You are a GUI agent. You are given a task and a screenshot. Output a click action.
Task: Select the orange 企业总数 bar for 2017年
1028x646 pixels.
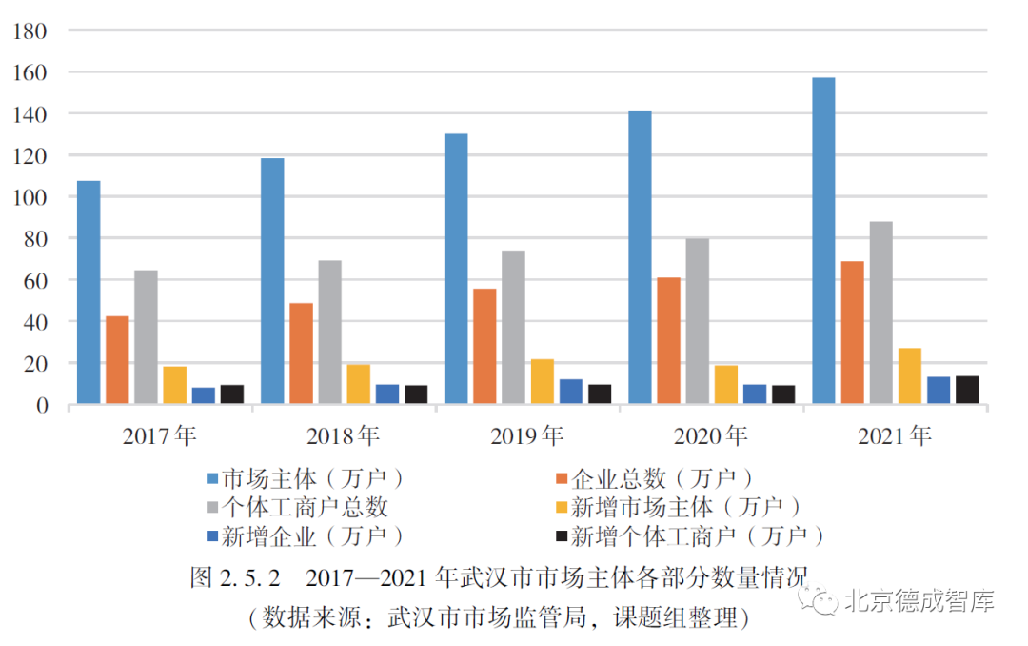(x=117, y=360)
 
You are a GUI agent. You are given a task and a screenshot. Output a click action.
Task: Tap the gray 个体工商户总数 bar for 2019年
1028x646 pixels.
(x=513, y=328)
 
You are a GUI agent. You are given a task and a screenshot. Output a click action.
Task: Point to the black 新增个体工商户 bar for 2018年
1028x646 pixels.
(x=415, y=394)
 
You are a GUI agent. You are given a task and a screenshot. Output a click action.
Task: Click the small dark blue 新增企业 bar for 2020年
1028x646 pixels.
(x=754, y=394)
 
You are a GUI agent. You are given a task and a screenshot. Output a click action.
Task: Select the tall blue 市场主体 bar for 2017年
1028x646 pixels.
(x=89, y=293)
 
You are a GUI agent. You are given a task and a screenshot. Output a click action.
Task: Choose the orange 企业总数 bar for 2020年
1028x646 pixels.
(x=668, y=341)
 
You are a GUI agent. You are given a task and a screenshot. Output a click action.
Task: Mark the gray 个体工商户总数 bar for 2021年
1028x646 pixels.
(x=880, y=313)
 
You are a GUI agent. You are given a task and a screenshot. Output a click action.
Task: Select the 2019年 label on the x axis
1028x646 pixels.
(x=526, y=436)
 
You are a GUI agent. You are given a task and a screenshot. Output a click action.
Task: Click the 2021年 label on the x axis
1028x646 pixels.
(x=894, y=436)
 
